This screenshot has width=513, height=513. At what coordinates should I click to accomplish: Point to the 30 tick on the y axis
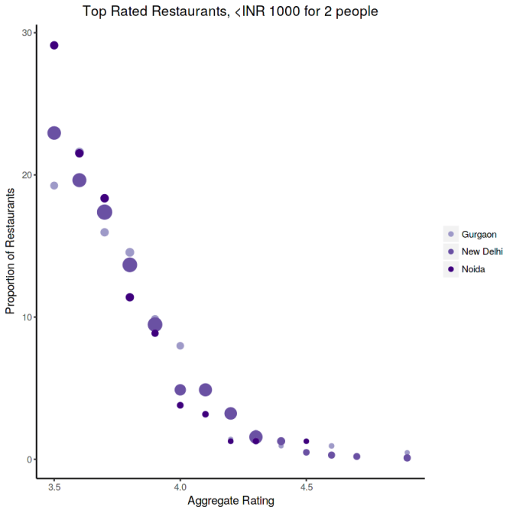click(27, 33)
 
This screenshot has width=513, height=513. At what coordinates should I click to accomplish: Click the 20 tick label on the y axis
click(27, 175)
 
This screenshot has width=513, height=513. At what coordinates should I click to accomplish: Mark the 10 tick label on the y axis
click(27, 317)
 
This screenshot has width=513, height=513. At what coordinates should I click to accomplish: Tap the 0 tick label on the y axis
click(29, 459)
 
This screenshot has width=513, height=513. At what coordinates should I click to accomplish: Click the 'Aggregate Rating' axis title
click(230, 502)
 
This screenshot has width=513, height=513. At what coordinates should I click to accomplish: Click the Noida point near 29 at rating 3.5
click(54, 45)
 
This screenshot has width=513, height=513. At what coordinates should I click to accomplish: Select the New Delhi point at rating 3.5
click(54, 133)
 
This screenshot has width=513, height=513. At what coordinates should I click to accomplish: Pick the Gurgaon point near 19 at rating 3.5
click(54, 186)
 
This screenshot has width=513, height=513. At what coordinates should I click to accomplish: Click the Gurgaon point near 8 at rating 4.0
click(180, 346)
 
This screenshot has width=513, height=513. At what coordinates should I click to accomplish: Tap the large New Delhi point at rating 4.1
click(206, 390)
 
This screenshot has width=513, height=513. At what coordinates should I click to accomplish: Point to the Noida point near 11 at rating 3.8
click(130, 297)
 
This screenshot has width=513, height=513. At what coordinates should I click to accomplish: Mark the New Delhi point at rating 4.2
click(231, 414)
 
